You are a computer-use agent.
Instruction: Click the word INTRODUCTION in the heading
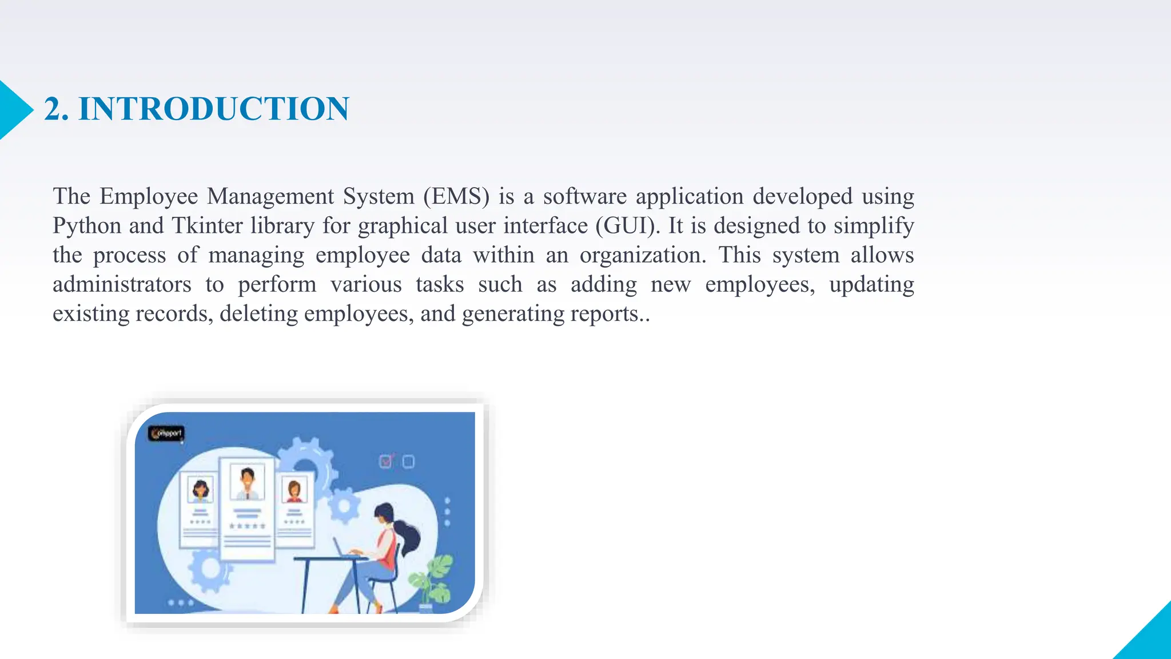(x=213, y=109)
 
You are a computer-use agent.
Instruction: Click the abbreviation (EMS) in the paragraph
(x=456, y=196)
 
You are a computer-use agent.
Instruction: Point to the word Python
(x=87, y=225)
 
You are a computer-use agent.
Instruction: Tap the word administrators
(x=122, y=284)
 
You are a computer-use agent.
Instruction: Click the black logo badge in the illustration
(x=166, y=434)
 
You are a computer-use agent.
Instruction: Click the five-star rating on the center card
(x=247, y=526)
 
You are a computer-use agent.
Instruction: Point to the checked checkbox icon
(x=386, y=461)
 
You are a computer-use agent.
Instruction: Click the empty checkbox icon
(x=408, y=461)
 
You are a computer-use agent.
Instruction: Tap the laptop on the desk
(x=346, y=549)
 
